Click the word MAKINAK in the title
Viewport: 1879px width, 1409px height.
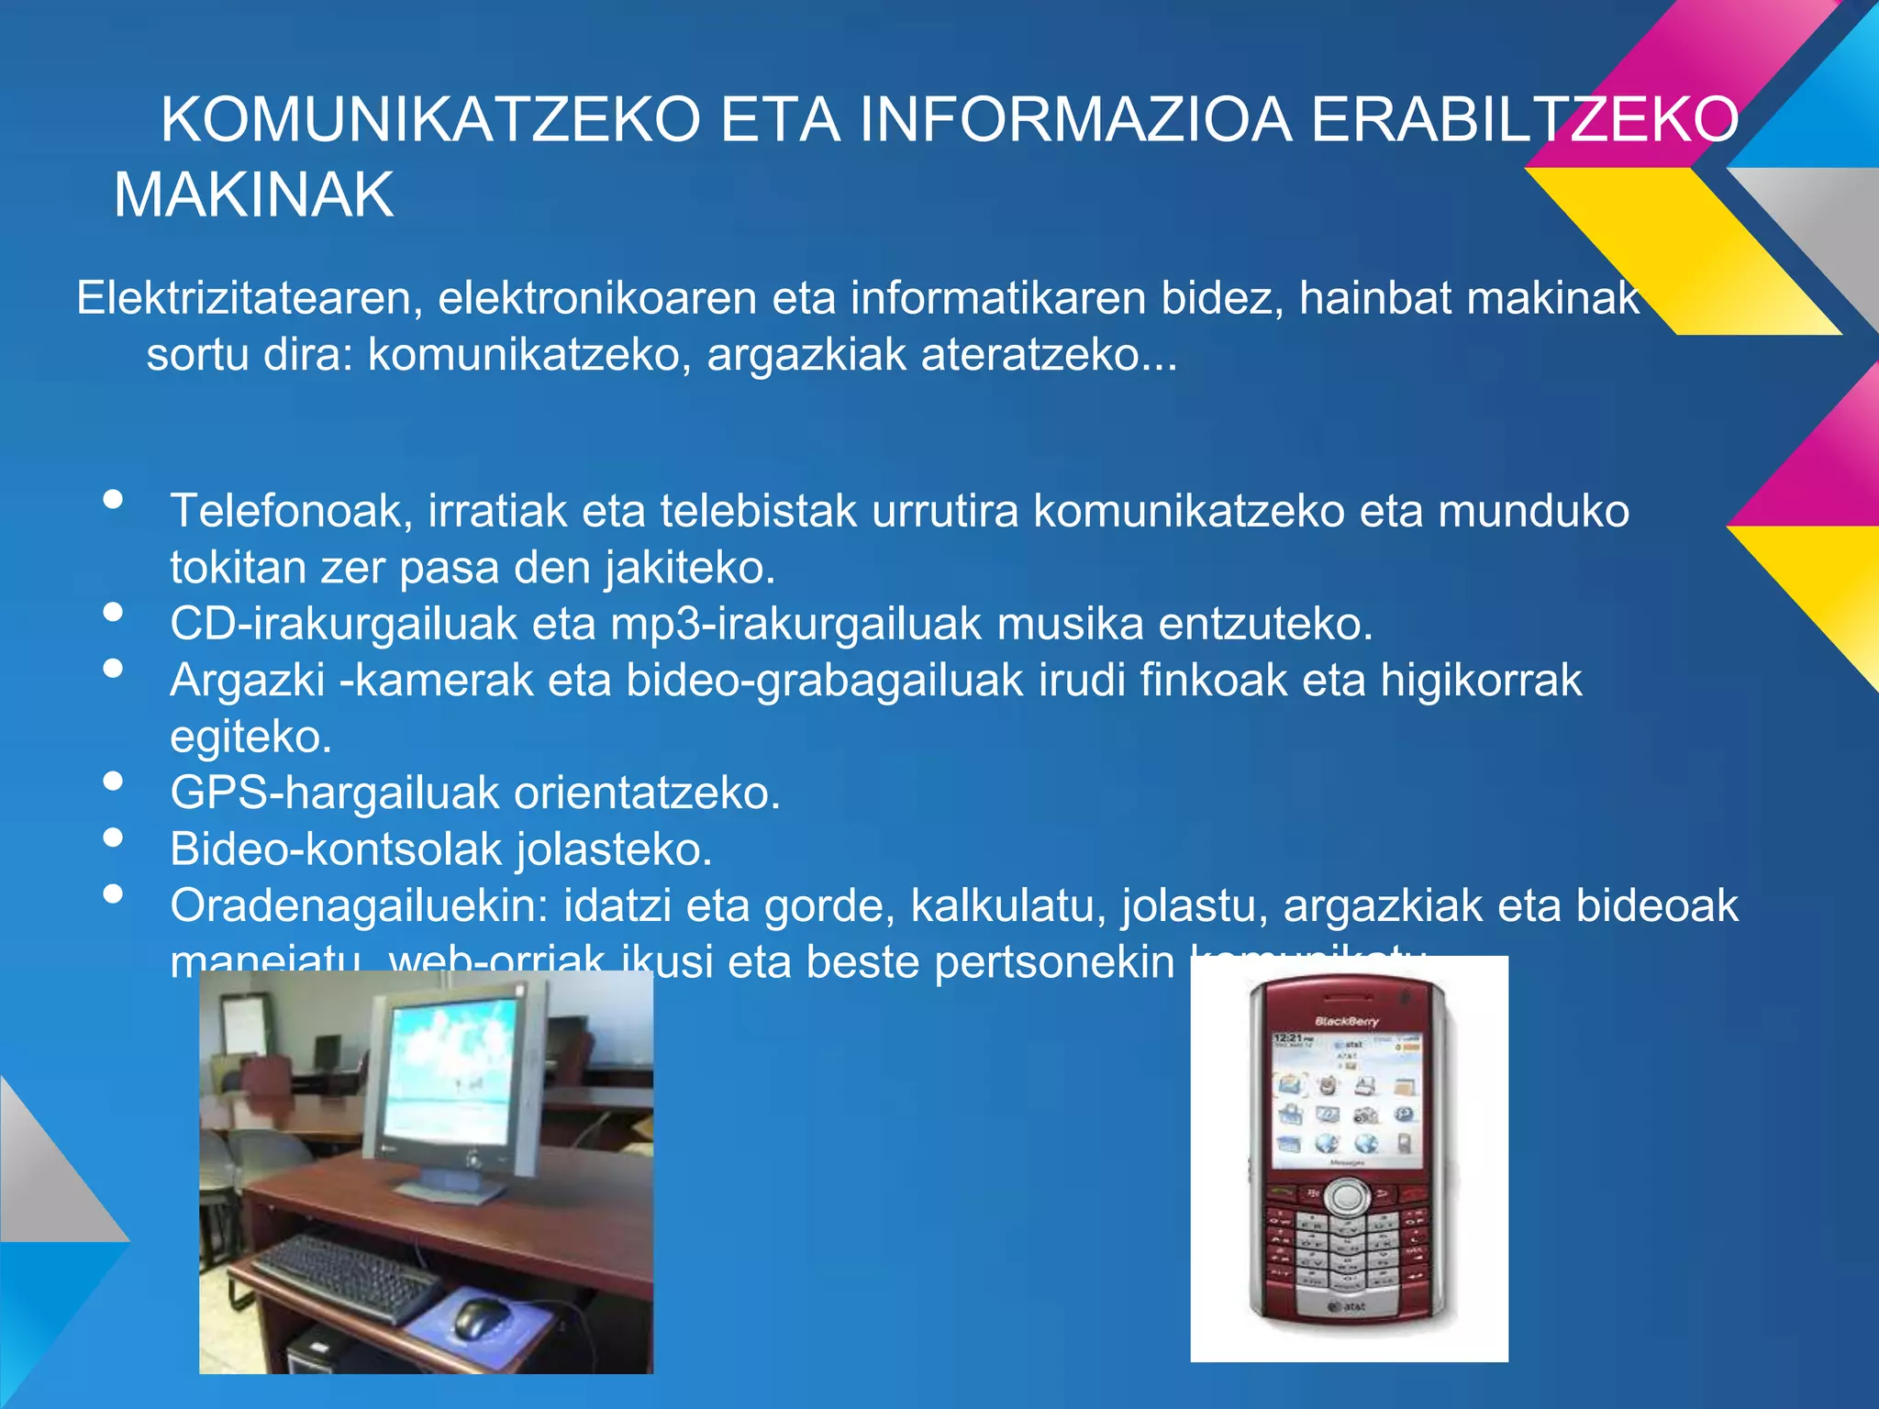253,195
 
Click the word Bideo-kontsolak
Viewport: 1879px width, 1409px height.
335,849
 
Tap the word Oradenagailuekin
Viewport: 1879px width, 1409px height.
359,906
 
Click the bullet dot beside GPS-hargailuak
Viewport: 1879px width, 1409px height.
114,782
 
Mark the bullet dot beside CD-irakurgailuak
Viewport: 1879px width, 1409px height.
114,612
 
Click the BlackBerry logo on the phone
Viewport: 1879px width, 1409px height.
1346,1021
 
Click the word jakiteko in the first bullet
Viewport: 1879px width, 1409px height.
690,568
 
